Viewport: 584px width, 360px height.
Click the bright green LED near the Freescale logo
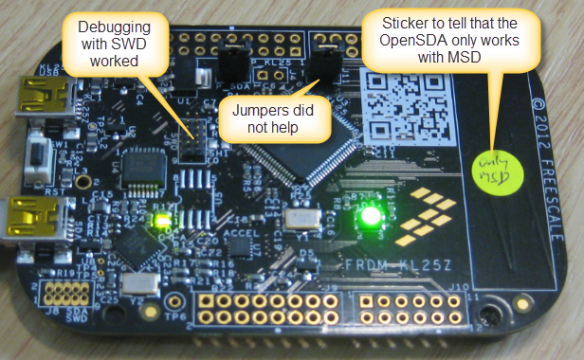point(371,217)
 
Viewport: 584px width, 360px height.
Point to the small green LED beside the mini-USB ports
point(158,219)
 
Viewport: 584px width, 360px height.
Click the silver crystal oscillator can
point(299,220)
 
